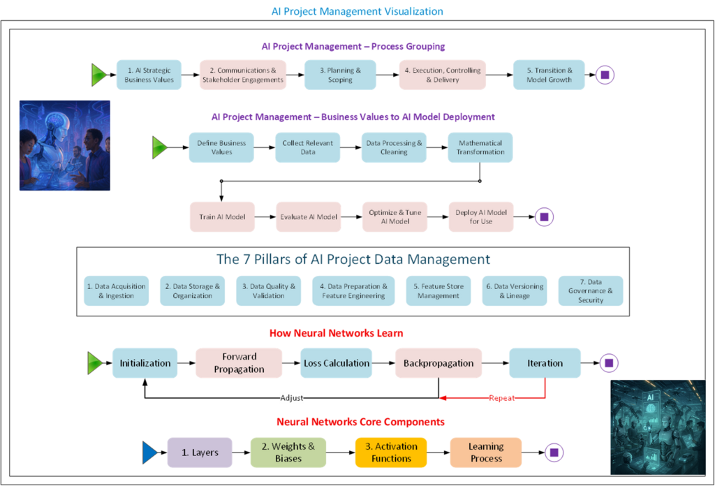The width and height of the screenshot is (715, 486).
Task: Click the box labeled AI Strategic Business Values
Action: [x=149, y=75]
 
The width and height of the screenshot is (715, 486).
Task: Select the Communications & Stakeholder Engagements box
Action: [x=243, y=75]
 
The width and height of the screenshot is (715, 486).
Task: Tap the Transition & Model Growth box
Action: [x=549, y=75]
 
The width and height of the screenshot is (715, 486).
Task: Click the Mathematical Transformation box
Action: [x=480, y=147]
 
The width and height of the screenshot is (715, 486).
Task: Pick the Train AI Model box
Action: [x=222, y=216]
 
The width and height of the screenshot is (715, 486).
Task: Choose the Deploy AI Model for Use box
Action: [x=480, y=216]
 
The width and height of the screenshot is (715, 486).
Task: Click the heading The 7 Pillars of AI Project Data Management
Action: [x=353, y=260]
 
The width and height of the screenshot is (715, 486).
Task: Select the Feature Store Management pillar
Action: [x=438, y=290]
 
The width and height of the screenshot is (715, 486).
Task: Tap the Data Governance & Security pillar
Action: [x=590, y=290]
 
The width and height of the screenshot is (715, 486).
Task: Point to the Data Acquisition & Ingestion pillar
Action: [x=116, y=290]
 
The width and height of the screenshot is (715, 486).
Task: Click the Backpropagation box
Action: [x=438, y=363]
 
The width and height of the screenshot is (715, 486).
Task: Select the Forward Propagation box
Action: [x=239, y=363]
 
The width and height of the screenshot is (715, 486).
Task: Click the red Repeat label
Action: [x=502, y=398]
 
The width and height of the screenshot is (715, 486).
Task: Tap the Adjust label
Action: [x=292, y=398]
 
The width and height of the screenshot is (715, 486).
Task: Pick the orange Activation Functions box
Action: [x=391, y=452]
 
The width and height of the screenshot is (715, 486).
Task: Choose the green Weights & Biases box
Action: [x=288, y=452]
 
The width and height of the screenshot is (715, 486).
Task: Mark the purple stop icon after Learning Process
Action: [x=554, y=453]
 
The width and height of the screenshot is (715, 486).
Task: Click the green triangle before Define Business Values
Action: [x=160, y=147]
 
